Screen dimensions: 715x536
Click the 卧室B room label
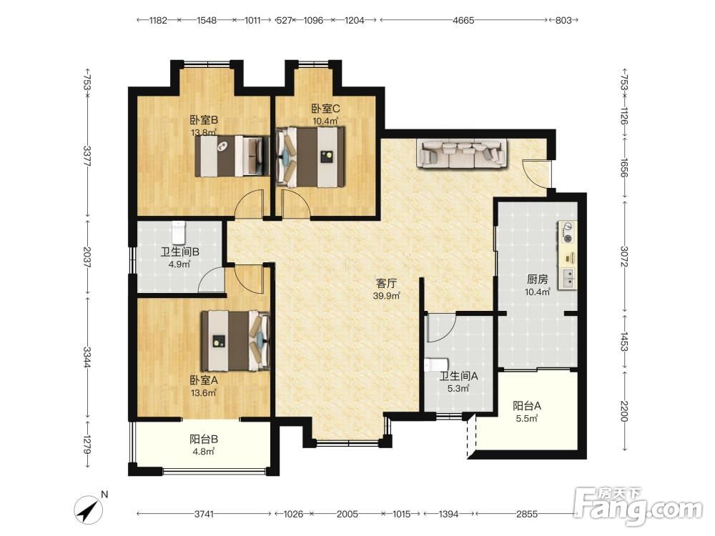tap(204, 120)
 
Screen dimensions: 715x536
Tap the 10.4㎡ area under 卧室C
tap(325, 121)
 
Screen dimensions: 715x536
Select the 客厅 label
tap(386, 283)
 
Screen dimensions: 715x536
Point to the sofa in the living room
tap(461, 154)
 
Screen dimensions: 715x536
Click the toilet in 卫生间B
tap(179, 232)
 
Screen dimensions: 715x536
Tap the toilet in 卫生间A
tap(436, 365)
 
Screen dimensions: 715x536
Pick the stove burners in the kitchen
tap(567, 232)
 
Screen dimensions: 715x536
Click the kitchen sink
tap(568, 278)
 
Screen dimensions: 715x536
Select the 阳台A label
tap(527, 406)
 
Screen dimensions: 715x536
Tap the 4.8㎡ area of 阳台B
tap(203, 451)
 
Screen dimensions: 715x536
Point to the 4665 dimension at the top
tap(463, 20)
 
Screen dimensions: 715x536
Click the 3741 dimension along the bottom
tap(204, 514)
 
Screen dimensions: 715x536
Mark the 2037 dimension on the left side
tap(87, 257)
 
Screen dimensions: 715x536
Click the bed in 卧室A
tap(235, 340)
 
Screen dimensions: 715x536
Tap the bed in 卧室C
tap(310, 157)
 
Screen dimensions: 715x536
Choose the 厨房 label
tap(537, 279)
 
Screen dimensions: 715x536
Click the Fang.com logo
tap(638, 506)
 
